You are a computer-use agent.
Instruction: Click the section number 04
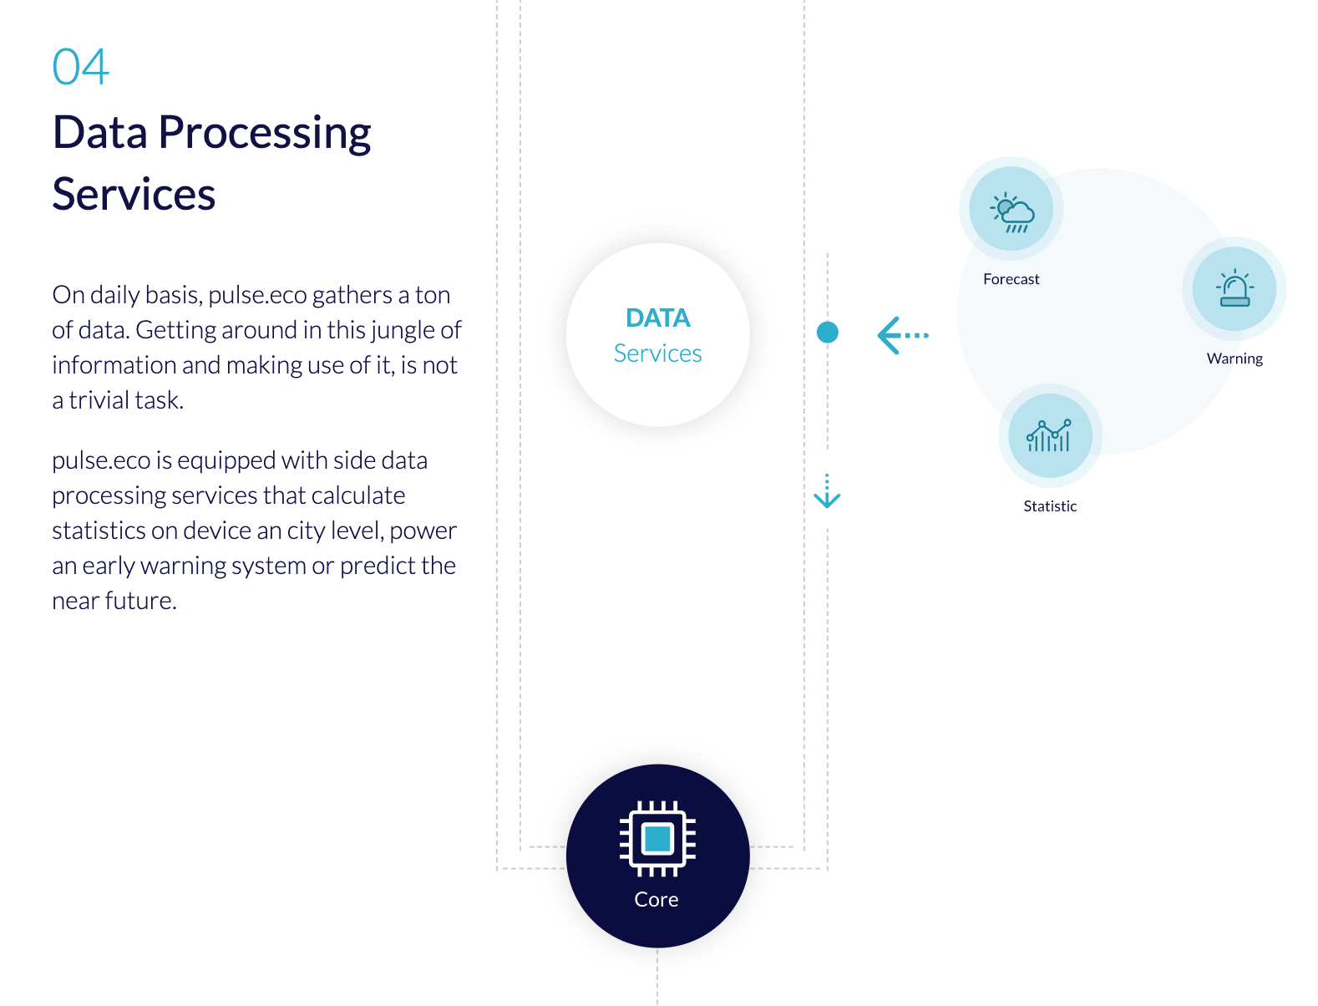(80, 68)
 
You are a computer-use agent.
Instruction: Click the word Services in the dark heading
(134, 195)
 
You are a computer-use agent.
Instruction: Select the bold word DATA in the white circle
(657, 318)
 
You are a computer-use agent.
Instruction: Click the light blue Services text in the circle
(657, 353)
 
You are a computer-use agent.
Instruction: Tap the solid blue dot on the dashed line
(827, 333)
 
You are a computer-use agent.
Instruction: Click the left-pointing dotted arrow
(902, 336)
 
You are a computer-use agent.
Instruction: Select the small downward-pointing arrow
(827, 492)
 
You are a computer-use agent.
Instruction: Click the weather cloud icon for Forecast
(1011, 211)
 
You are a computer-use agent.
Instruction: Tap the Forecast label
(1011, 279)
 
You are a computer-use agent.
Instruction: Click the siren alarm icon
(1234, 289)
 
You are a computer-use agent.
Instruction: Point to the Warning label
(1234, 358)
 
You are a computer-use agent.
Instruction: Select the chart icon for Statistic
(1049, 435)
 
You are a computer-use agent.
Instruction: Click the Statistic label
(1049, 506)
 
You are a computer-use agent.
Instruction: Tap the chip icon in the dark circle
(657, 838)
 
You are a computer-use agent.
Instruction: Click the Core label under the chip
(656, 900)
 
